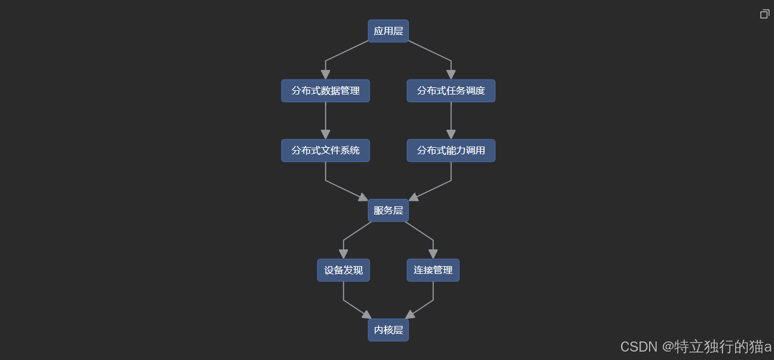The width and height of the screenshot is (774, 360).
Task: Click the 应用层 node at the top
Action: pyautogui.click(x=388, y=31)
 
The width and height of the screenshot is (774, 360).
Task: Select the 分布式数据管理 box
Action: pyautogui.click(x=325, y=91)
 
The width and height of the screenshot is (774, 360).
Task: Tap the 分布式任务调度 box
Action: pyautogui.click(x=451, y=91)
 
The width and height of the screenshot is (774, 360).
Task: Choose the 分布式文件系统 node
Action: pyautogui.click(x=325, y=151)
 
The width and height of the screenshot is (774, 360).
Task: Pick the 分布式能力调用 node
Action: pyautogui.click(x=451, y=151)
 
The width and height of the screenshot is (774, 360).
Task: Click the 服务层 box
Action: pyautogui.click(x=388, y=210)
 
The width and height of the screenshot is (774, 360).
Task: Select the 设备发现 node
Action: pyautogui.click(x=343, y=270)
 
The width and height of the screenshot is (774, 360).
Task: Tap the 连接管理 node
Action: pyautogui.click(x=433, y=270)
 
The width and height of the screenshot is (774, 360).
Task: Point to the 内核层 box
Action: pyautogui.click(x=388, y=330)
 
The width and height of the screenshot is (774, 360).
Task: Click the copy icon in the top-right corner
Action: pyautogui.click(x=764, y=14)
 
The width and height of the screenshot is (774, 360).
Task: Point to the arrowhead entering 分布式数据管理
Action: pyautogui.click(x=325, y=74)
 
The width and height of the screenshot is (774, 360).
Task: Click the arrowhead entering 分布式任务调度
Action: pyautogui.click(x=451, y=74)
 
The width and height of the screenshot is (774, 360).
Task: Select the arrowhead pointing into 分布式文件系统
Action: pyautogui.click(x=325, y=134)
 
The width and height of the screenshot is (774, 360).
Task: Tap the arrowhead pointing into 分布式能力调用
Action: pyautogui.click(x=451, y=134)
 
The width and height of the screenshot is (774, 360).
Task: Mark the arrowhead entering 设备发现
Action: pyautogui.click(x=343, y=254)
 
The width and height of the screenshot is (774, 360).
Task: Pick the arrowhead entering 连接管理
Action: pyautogui.click(x=433, y=254)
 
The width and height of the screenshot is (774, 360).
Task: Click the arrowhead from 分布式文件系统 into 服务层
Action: pyautogui.click(x=363, y=197)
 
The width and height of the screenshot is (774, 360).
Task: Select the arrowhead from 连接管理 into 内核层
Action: pyautogui.click(x=410, y=315)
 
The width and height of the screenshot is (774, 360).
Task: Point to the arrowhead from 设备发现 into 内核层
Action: pyautogui.click(x=366, y=315)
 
